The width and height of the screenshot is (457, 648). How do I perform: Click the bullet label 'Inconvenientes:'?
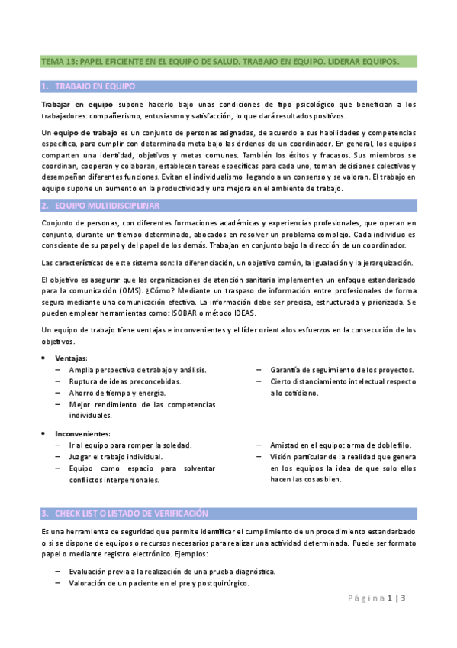(x=81, y=433)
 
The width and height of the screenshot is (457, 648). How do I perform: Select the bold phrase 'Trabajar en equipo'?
(x=77, y=104)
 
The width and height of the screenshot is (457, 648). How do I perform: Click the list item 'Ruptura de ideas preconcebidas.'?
(x=125, y=381)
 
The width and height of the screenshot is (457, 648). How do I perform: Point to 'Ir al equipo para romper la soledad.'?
(x=130, y=445)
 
